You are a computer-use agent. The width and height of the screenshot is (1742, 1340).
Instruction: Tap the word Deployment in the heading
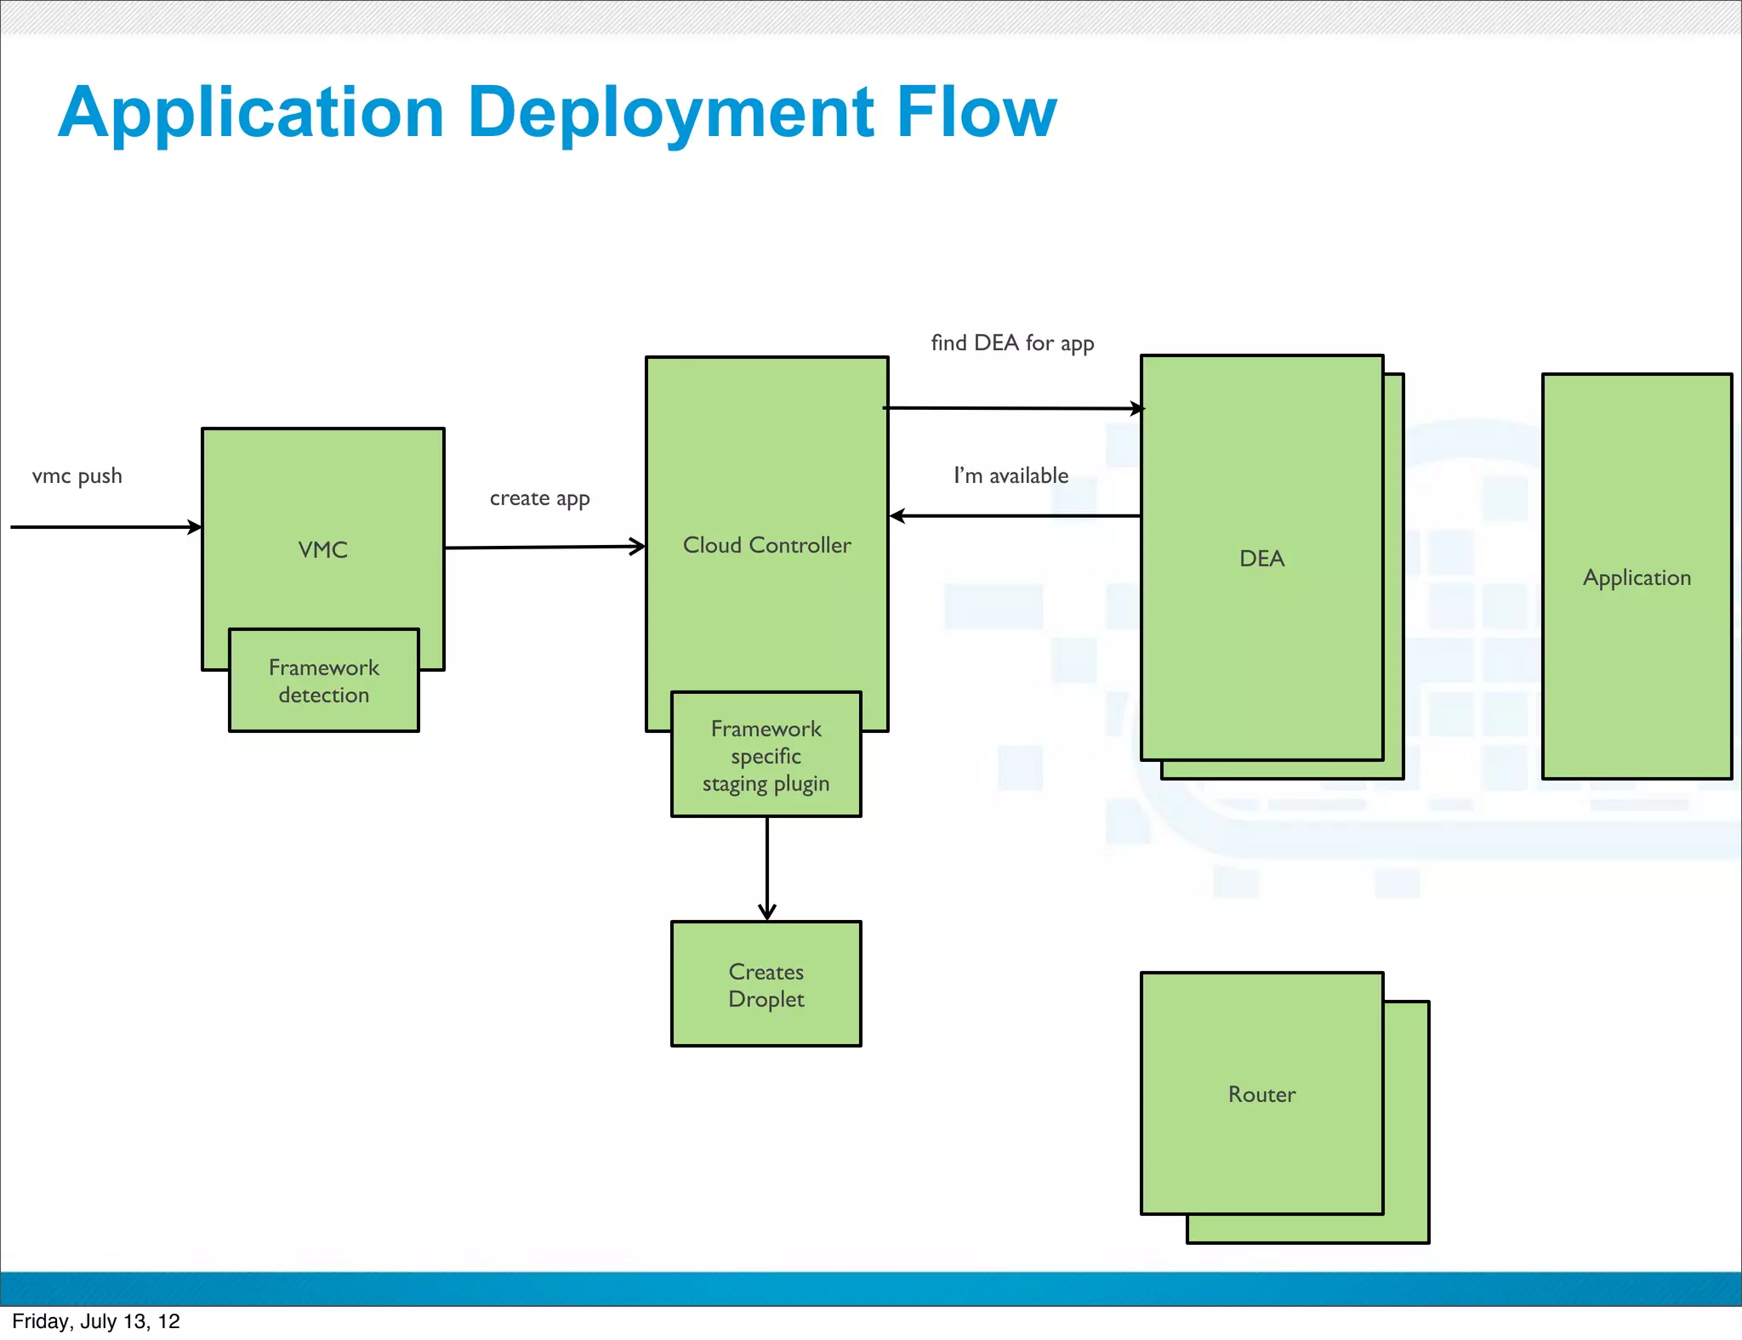click(x=670, y=113)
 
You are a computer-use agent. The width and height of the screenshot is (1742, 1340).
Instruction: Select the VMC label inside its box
click(x=323, y=550)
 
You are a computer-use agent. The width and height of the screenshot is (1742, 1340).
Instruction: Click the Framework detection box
click(x=324, y=681)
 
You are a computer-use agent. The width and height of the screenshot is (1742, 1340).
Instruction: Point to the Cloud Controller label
click(x=766, y=545)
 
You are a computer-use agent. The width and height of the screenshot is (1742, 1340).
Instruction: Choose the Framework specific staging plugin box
click(x=766, y=755)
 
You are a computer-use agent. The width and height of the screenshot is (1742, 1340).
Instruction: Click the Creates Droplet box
click(x=766, y=985)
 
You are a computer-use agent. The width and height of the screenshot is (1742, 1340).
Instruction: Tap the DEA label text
click(x=1261, y=559)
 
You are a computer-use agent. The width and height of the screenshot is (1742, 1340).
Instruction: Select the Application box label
click(x=1637, y=577)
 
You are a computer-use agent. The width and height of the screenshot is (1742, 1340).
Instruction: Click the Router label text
click(x=1261, y=1094)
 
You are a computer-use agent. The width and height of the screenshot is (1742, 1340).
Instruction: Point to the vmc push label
click(x=77, y=476)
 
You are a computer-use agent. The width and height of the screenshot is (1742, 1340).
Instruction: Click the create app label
click(x=539, y=498)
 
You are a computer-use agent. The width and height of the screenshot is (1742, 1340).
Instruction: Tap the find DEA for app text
click(x=1012, y=344)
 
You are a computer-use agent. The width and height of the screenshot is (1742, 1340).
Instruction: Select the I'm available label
click(x=1010, y=475)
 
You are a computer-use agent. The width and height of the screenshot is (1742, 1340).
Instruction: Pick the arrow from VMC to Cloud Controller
click(x=544, y=548)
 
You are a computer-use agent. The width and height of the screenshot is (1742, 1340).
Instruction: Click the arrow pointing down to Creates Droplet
click(x=767, y=867)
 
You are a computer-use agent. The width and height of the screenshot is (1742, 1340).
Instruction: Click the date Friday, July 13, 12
click(x=96, y=1321)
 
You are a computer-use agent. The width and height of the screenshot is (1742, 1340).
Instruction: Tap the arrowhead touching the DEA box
click(x=1137, y=409)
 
